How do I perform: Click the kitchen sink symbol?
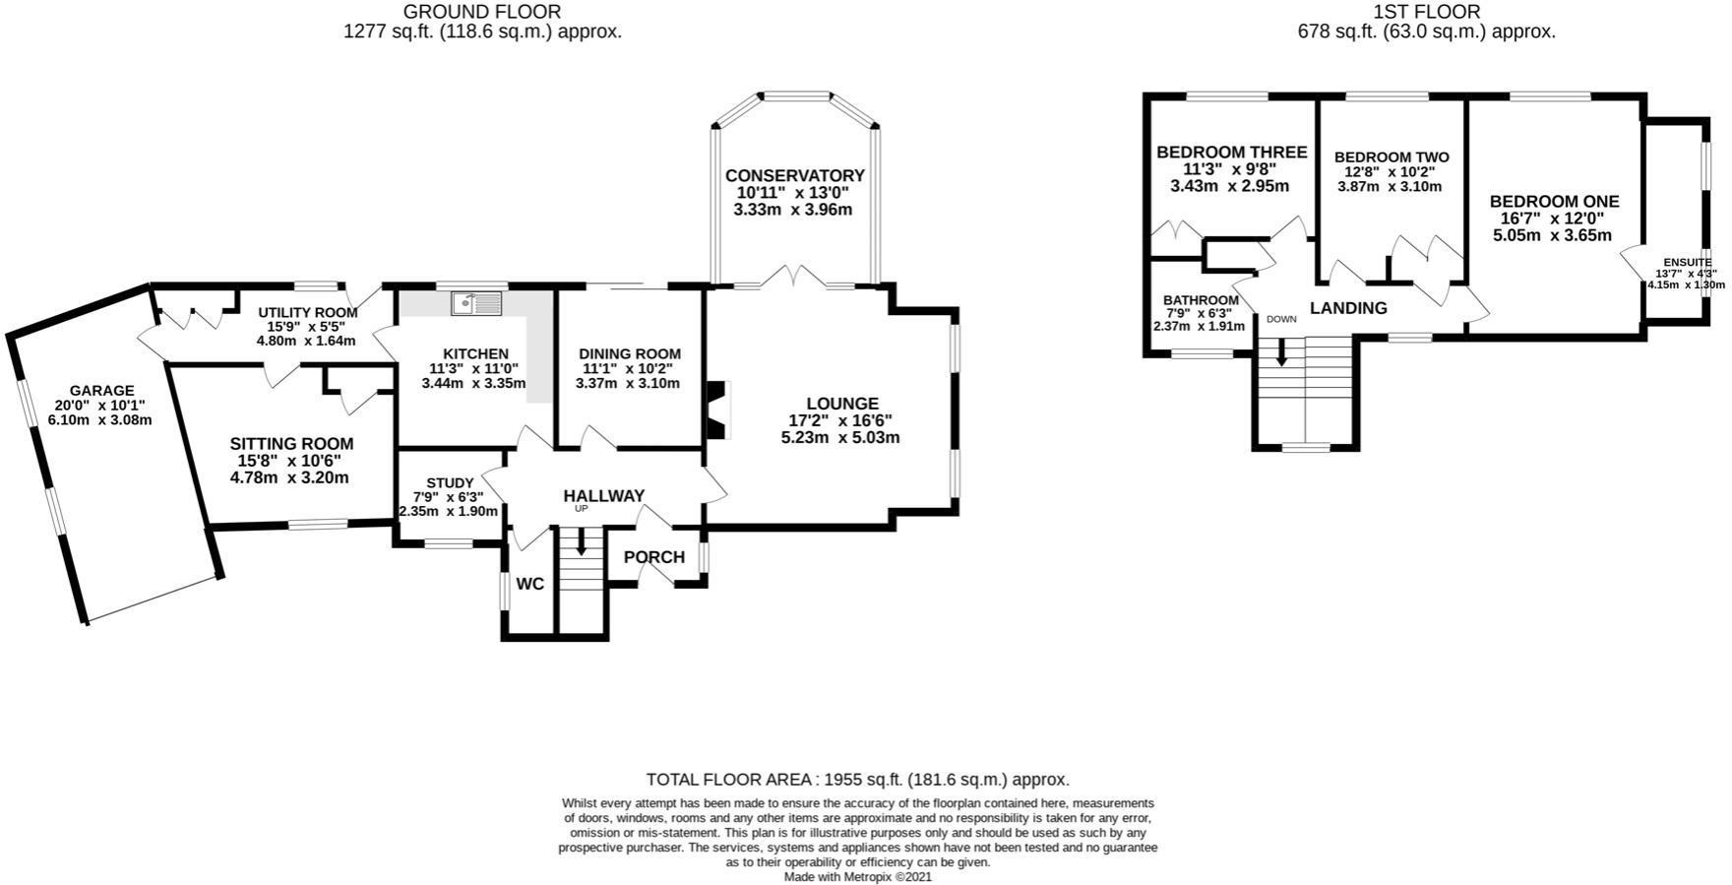(x=476, y=302)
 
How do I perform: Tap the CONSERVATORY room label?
(x=795, y=176)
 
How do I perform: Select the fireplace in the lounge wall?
(x=715, y=409)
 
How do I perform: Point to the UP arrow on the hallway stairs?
(x=582, y=541)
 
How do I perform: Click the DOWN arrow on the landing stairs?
(x=1281, y=351)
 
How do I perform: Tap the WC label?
(x=530, y=584)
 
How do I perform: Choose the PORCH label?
(x=654, y=557)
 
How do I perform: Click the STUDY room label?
(x=450, y=482)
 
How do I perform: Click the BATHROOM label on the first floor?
(x=1201, y=300)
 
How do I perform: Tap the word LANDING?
(x=1348, y=308)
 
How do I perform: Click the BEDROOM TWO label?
(x=1392, y=158)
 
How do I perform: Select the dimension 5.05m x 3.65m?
(x=1553, y=235)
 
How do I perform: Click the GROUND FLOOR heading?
(x=482, y=12)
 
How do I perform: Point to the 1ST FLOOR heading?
(x=1427, y=12)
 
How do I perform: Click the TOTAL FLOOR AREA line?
(x=857, y=780)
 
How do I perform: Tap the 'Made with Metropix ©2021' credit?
(x=857, y=876)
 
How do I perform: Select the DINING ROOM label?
(x=630, y=354)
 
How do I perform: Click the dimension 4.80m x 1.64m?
(x=306, y=341)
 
